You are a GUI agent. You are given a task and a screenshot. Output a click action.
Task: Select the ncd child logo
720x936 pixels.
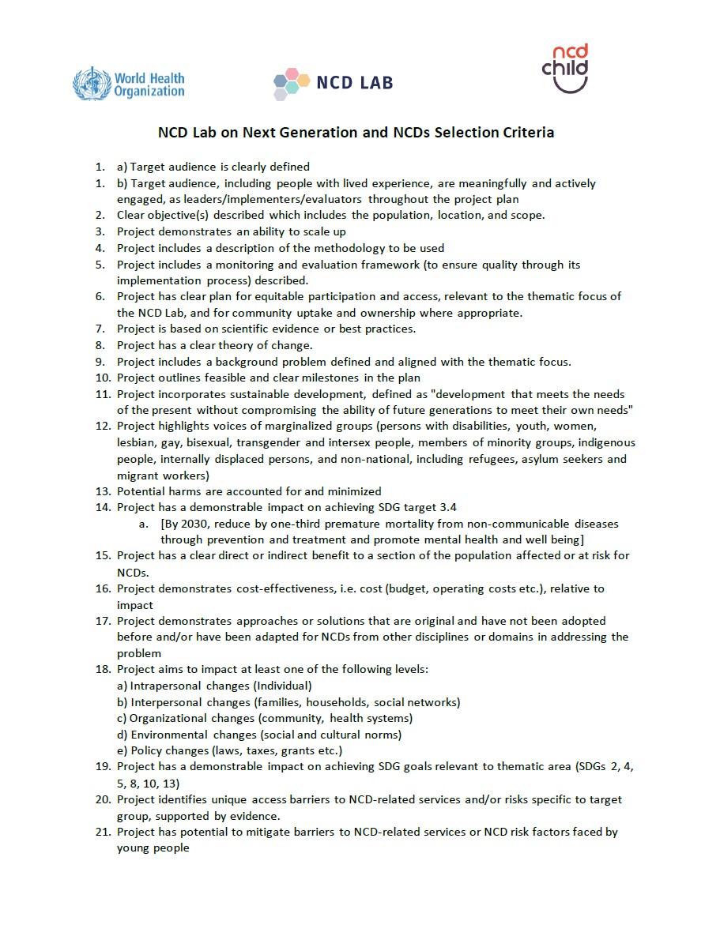pos(565,69)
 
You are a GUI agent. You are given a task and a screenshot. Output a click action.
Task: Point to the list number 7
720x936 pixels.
pos(100,329)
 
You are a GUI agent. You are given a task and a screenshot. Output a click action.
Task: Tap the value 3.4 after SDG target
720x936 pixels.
pos(447,508)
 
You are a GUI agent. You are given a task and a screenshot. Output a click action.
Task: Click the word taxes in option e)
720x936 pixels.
pos(273,750)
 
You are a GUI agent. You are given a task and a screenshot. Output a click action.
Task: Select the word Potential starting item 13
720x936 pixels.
pos(141,491)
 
